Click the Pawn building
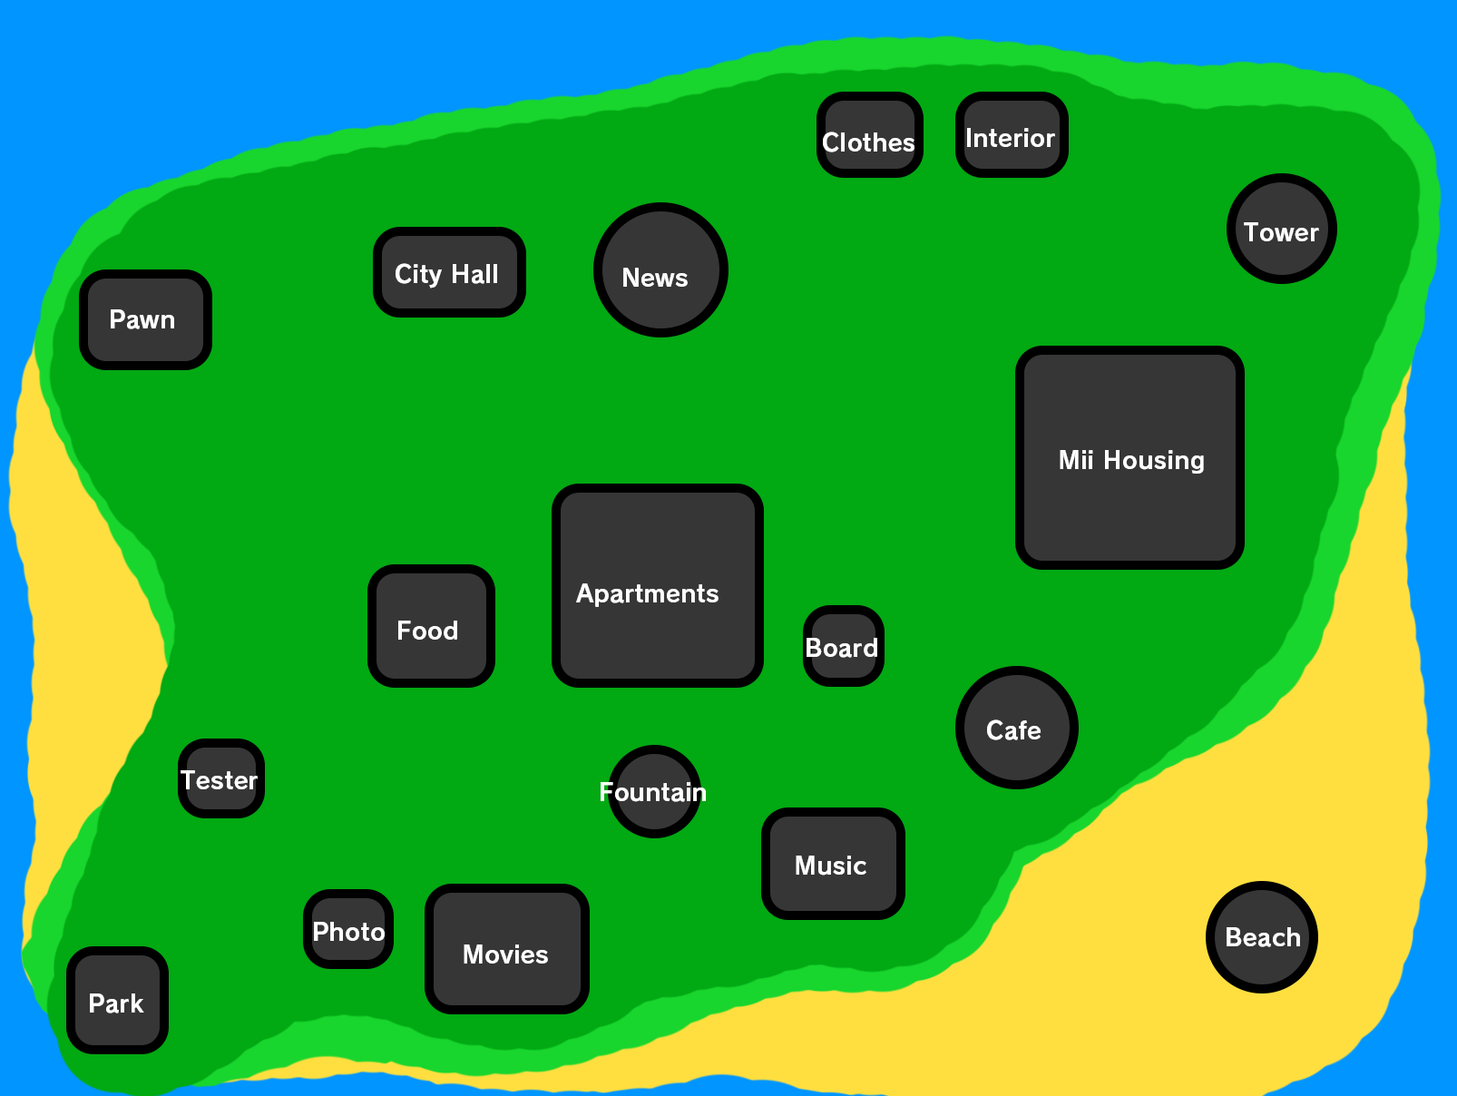[x=145, y=319]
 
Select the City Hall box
[x=449, y=272]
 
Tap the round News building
[x=660, y=269]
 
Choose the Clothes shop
[x=869, y=135]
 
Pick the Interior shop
[x=1011, y=135]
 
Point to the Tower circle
[x=1281, y=229]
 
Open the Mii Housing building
[x=1129, y=457]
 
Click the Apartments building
[x=657, y=585]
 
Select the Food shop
[x=431, y=626]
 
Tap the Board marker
[x=843, y=646]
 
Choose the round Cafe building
[x=1016, y=728]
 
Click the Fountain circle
[x=654, y=791]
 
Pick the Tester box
[x=220, y=778]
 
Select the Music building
[x=833, y=864]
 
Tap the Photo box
[x=348, y=929]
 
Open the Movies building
[x=506, y=949]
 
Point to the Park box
[x=117, y=1000]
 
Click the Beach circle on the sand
[x=1261, y=936]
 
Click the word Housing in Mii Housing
[x=1154, y=461]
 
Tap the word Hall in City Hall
[x=474, y=274]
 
